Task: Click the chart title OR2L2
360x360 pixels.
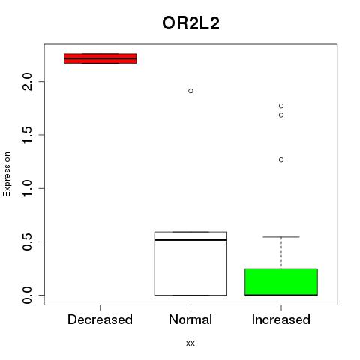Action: [x=190, y=23]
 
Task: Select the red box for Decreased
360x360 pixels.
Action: [x=100, y=58]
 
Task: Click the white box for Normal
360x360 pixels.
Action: [x=190, y=263]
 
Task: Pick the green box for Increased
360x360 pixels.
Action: [x=281, y=282]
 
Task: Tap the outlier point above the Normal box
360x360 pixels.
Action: [x=190, y=91]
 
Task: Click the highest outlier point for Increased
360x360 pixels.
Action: [x=281, y=106]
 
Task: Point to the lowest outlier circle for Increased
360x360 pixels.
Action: [x=281, y=160]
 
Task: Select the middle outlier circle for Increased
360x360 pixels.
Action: [x=281, y=115]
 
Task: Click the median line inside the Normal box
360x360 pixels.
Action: [x=190, y=240]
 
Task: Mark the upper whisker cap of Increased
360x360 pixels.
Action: [x=281, y=237]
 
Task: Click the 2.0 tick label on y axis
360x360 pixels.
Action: [x=27, y=82]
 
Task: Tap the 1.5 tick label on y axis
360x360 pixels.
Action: [x=27, y=135]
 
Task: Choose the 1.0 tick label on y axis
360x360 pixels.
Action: [x=27, y=188]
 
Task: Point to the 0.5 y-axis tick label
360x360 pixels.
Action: [x=27, y=241]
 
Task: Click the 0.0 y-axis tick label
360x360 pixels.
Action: [x=27, y=295]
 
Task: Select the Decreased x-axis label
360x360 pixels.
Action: [x=100, y=319]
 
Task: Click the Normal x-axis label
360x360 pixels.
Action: [x=190, y=319]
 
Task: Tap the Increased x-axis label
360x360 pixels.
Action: [x=281, y=319]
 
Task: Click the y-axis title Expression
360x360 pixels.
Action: [x=7, y=174]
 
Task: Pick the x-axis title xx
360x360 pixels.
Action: [x=190, y=343]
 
